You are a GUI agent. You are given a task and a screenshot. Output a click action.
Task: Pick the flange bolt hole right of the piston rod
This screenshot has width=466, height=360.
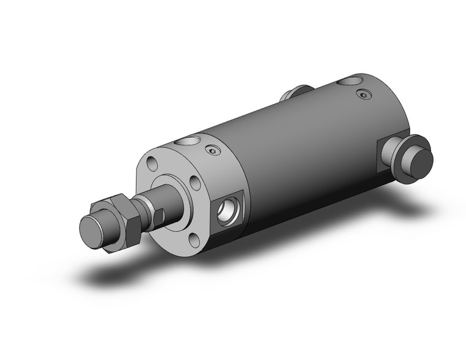click(194, 183)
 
